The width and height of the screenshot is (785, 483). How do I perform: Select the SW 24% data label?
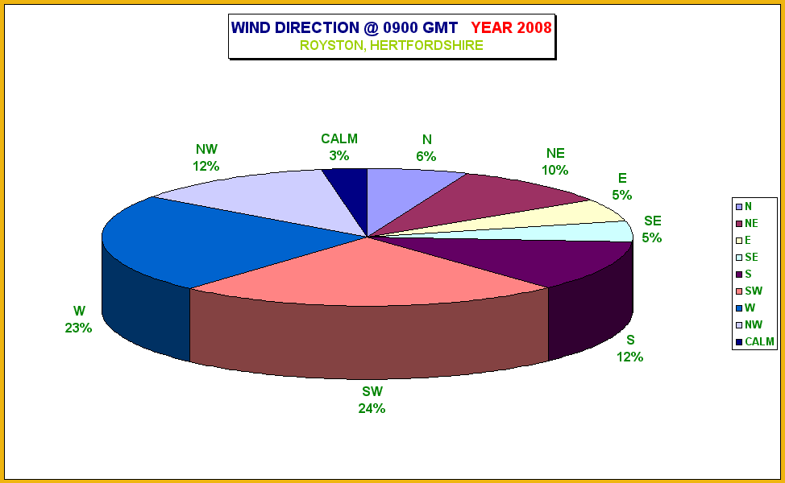coord(372,400)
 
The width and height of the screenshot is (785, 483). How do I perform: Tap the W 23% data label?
coord(79,320)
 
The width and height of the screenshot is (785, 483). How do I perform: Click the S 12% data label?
coord(629,349)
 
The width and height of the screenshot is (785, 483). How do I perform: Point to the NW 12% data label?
coord(206,158)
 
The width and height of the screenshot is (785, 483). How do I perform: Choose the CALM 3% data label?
coord(339,147)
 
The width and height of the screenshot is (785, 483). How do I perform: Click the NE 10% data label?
coord(554,162)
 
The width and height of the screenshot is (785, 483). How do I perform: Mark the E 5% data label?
coord(621,187)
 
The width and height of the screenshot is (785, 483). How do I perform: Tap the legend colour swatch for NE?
coord(739,224)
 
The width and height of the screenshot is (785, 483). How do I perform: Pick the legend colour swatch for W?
coord(739,308)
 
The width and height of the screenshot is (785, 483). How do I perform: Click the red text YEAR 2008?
coord(511,27)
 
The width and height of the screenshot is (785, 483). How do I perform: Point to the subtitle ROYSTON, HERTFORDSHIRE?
coord(392,46)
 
